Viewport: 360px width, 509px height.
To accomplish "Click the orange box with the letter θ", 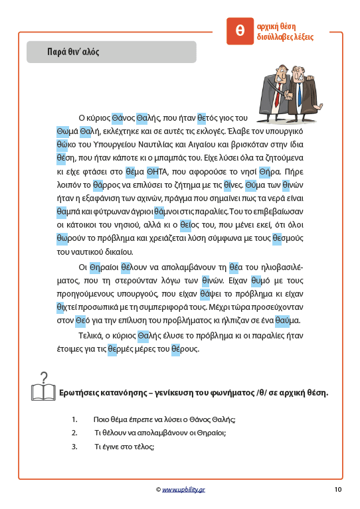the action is (240, 31).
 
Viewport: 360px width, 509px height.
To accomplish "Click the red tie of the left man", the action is (279, 87).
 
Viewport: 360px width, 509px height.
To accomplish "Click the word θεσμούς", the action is (287, 238).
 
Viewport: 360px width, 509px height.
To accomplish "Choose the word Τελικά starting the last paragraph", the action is (92, 335).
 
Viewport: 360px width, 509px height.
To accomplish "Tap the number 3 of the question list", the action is (73, 447).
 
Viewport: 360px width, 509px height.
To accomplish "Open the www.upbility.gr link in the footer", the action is (183, 490).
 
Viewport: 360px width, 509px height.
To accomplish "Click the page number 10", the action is (337, 490).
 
